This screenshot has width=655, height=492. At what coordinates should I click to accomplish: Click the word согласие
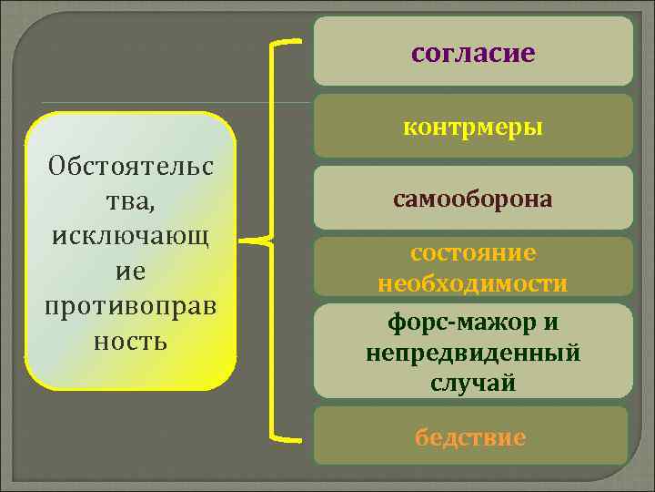click(472, 53)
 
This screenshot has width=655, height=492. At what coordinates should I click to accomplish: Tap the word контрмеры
click(472, 127)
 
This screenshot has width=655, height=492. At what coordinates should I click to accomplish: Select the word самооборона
click(472, 198)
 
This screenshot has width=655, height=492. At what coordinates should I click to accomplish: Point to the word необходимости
click(472, 283)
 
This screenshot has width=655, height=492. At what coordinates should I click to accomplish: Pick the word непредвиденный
click(472, 353)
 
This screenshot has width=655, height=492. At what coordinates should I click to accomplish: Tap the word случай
click(472, 383)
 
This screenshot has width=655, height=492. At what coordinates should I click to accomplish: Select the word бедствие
click(470, 437)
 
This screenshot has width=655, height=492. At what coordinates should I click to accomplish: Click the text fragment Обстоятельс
click(131, 167)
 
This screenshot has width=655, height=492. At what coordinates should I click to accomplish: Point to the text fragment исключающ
click(131, 237)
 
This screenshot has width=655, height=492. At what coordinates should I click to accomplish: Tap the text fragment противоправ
click(131, 306)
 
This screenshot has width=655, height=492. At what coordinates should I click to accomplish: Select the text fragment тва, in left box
click(131, 201)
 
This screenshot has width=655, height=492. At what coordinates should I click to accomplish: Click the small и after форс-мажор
click(552, 323)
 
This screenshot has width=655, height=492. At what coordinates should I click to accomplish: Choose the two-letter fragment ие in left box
click(131, 272)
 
